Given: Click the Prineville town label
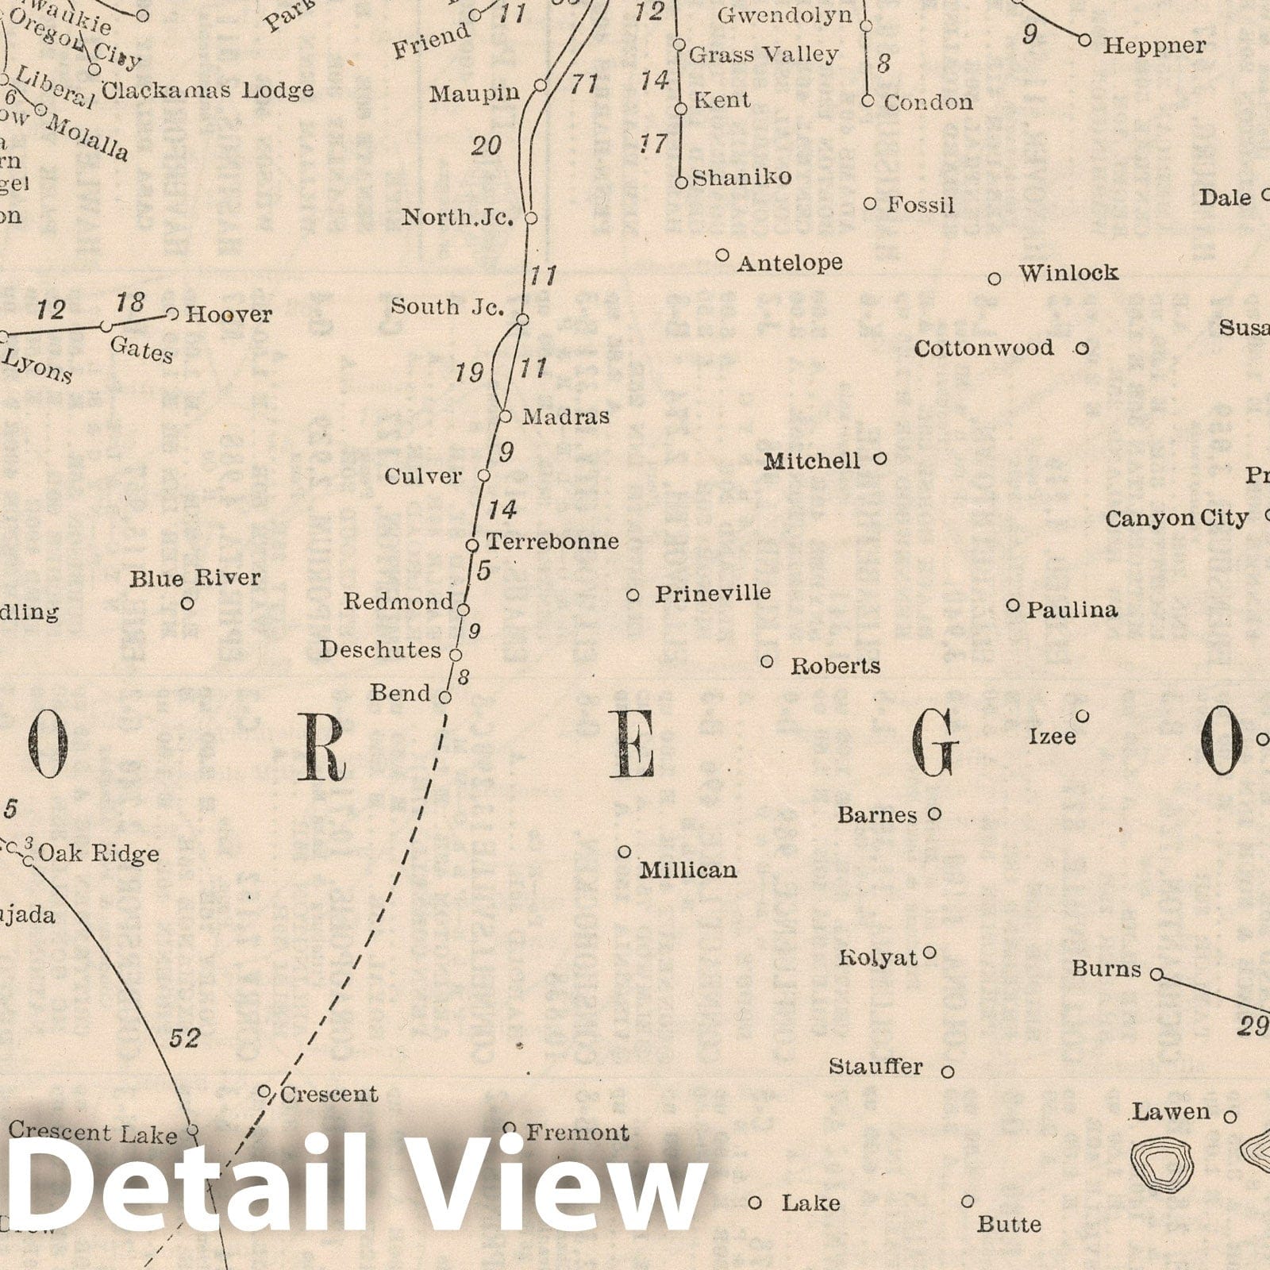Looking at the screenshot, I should [x=712, y=593].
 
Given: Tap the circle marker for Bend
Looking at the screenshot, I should [x=445, y=698].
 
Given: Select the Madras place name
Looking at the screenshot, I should [x=566, y=416].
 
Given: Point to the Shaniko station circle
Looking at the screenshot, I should [x=681, y=183].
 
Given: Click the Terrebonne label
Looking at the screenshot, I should [x=552, y=541].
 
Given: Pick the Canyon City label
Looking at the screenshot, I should [x=1176, y=518].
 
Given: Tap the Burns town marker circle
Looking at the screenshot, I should [x=1156, y=974].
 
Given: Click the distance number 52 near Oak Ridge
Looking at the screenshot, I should [x=184, y=1037].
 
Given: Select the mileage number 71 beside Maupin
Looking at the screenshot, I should [x=584, y=84].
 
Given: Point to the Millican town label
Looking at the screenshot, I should [x=688, y=870].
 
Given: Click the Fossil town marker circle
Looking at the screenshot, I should [x=870, y=204].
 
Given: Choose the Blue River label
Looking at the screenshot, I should [x=195, y=578].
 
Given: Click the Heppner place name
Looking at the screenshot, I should [x=1154, y=45].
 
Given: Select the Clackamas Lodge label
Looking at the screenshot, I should [x=208, y=90].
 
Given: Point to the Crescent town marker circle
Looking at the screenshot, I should [x=265, y=1092].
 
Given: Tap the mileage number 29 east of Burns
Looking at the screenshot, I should [x=1252, y=1027].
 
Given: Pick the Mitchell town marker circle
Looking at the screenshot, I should [x=879, y=458].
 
